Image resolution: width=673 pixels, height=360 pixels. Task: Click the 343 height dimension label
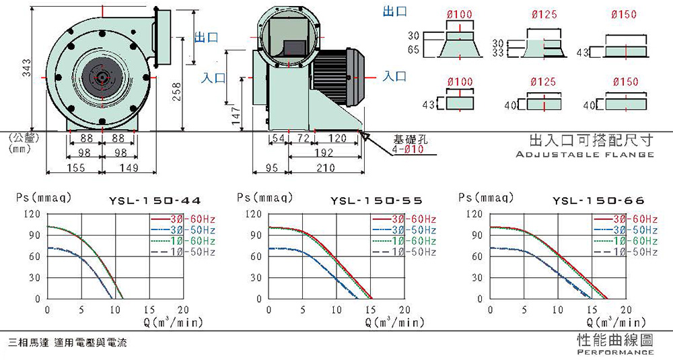[27, 68]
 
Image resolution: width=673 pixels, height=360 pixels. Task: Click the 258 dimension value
[176, 92]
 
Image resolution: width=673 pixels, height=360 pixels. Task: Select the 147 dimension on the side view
[236, 116]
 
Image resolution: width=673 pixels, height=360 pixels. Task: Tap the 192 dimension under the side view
[324, 153]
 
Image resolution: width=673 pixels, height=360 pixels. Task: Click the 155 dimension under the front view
[75, 168]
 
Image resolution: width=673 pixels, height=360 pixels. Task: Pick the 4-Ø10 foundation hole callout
[408, 149]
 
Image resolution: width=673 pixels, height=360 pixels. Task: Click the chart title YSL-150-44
[155, 201]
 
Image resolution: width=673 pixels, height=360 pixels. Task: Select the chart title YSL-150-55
[376, 201]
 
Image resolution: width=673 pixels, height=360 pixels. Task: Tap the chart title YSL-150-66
[598, 201]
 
